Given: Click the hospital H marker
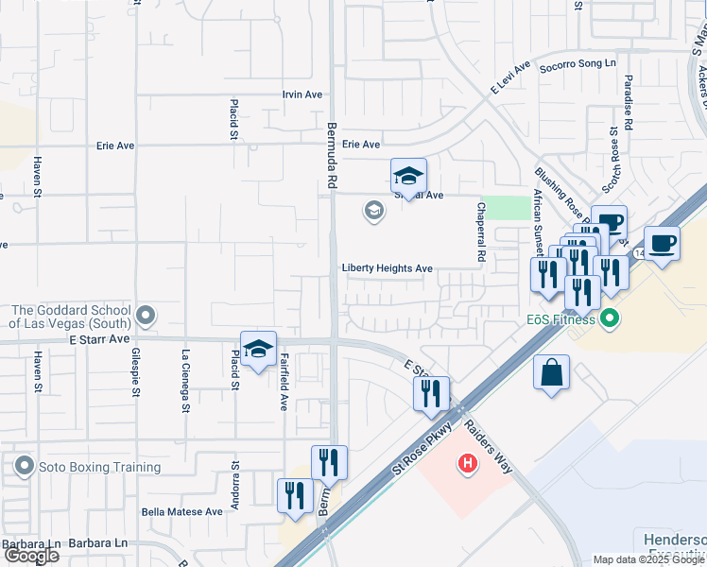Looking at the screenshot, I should point(466,464).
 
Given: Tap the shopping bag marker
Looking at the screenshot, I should point(552,372).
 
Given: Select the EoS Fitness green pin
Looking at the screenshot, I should point(611,319).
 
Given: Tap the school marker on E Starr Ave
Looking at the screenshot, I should point(258,350).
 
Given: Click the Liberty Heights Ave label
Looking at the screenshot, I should point(388,269).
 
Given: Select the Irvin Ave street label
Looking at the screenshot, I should point(302,95).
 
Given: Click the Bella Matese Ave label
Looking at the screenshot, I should point(181,511).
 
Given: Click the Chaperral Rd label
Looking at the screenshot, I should point(481,232).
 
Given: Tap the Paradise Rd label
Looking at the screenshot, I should point(628,100).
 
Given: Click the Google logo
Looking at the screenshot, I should point(30,556).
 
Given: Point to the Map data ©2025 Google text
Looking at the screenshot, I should point(648,559).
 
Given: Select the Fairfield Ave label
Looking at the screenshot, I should point(283,382).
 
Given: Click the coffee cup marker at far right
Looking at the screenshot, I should point(663,244).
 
